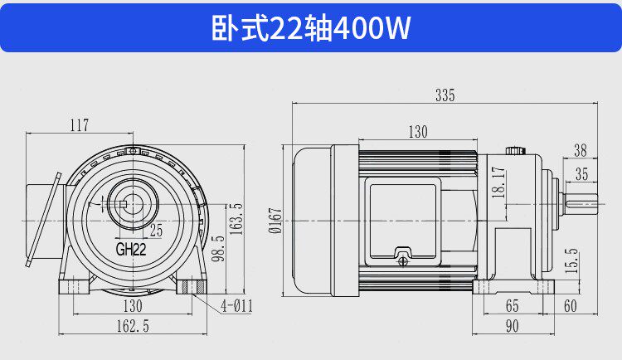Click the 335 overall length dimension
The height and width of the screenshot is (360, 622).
pos(445,95)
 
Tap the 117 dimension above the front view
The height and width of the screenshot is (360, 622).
pos(80,125)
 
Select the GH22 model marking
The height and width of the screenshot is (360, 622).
pos(131,249)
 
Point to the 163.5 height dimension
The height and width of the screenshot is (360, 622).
pos(236,219)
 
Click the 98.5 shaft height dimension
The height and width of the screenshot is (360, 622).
pos(218,249)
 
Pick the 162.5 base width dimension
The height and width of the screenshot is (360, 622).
pos(133,326)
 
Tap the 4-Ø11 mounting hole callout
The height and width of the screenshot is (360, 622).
pos(237,306)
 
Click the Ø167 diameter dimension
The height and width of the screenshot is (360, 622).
pos(275,221)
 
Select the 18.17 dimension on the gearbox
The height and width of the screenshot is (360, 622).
pos(498,182)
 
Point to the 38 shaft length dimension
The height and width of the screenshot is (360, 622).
pos(581,150)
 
